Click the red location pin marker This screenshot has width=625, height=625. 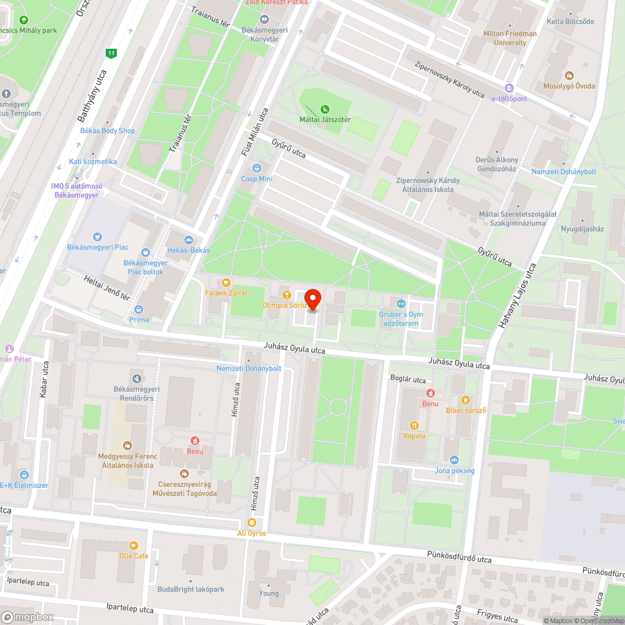tap(312, 298)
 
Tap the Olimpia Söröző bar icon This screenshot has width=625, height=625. tap(286, 294)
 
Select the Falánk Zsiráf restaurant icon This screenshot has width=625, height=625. tap(226, 282)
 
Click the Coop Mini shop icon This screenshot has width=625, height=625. tap(257, 168)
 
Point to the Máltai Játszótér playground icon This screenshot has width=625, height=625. tap(324, 109)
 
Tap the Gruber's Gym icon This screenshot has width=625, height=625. tap(401, 304)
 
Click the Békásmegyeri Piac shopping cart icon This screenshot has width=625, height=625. tap(97, 236)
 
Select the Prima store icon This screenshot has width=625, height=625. tap(139, 309)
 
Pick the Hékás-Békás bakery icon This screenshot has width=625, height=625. tap(188, 240)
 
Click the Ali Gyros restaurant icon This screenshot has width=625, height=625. tap(252, 522)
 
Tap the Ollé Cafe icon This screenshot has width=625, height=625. tap(134, 546)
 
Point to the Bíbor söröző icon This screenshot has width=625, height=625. tap(465, 400)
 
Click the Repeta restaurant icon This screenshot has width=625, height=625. tap(414, 425)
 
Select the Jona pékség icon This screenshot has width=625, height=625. tap(454, 460)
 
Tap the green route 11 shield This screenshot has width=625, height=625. tap(111, 53)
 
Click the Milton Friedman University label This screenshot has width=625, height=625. tap(509, 38)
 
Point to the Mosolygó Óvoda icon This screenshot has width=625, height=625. tap(569, 75)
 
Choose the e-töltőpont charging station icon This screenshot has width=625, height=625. tap(509, 88)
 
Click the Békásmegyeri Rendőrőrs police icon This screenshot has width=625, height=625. tap(136, 377)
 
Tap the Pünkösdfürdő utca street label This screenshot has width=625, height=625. tap(459, 554)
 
